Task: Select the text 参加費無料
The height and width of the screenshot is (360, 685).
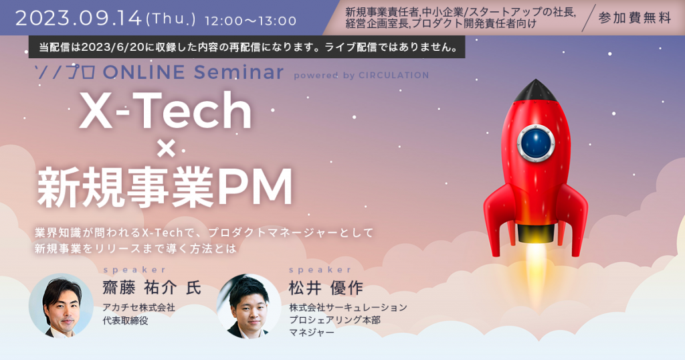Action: point(634,18)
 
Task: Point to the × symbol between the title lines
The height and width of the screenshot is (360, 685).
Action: point(165,150)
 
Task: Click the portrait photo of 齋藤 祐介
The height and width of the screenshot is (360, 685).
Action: point(61,305)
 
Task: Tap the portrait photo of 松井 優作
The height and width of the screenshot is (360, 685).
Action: point(250,305)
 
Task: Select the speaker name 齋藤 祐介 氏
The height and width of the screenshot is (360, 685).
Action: point(151,288)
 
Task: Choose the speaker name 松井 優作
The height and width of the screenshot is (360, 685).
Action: point(326,288)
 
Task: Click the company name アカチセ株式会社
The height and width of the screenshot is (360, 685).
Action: point(138,307)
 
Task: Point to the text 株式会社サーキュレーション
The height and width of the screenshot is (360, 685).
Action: point(348,307)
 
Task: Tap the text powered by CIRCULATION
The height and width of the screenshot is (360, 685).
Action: point(361,75)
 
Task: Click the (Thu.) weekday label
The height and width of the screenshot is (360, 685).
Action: point(170,20)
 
